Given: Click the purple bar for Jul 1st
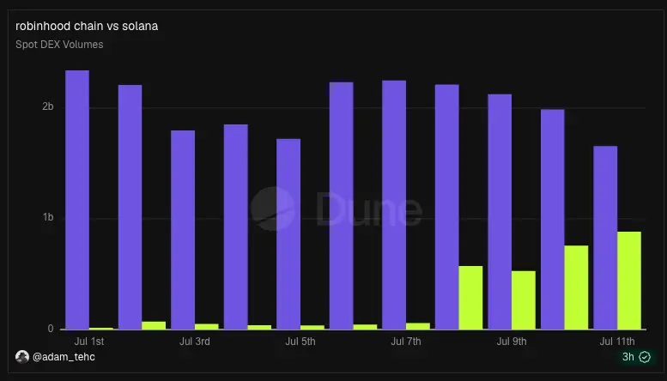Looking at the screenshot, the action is [77, 200].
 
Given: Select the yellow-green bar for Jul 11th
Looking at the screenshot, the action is [629, 281].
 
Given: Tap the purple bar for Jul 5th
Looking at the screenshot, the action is [288, 234].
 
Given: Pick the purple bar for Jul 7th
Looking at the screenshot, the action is [394, 205].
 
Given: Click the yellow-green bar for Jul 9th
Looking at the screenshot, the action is [524, 300].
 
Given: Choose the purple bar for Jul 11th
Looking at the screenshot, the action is [605, 238].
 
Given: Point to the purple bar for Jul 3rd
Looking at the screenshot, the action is [183, 230].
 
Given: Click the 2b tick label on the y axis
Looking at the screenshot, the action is [48, 106].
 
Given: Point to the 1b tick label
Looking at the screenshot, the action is [48, 217].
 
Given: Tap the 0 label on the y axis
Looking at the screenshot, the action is [51, 329].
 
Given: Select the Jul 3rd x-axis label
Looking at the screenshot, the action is [194, 342].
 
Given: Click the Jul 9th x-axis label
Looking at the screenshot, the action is [512, 342].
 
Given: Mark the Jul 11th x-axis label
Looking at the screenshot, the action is [617, 342].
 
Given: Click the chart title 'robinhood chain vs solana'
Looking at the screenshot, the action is [87, 26].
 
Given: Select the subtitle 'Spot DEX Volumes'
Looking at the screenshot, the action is [59, 45].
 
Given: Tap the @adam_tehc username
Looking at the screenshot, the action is [64, 357].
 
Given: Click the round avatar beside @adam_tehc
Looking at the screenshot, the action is [22, 357].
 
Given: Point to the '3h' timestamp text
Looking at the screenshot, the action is [628, 357].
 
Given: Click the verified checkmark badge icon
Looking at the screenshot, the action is [645, 357].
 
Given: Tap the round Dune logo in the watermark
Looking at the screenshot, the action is [273, 209].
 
